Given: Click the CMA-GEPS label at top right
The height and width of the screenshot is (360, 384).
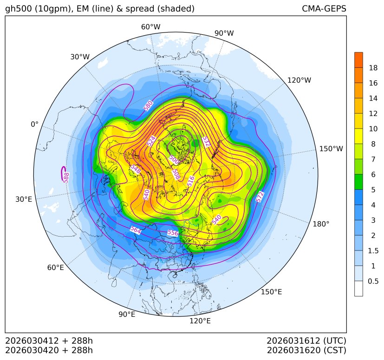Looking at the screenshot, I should coord(324,9).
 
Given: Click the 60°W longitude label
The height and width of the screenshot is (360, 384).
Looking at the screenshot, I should coord(150,27).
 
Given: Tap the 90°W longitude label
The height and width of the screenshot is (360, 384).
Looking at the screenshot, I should coord(224,33).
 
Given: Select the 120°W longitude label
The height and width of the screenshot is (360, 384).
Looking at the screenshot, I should coord(299,80).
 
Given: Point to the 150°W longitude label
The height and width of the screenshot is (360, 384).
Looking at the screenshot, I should coord(331,149).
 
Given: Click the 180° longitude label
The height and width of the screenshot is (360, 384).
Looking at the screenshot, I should coord(321,224).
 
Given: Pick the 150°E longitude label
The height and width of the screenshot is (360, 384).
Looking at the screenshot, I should coord(271,292).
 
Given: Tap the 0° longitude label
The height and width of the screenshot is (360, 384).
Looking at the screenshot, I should coord(34,124).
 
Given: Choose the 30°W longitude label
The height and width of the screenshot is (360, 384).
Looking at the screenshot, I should coord(80,57).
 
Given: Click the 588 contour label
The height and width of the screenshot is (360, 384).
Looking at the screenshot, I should coord(66,177).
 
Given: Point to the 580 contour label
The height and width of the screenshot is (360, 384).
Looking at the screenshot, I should coord(148,106).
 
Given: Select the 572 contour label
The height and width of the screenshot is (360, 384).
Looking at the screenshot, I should coord(260,197).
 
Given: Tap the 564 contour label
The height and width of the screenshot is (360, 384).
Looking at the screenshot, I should coord(136,230).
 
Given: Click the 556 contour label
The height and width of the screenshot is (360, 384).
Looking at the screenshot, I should coord(172,233).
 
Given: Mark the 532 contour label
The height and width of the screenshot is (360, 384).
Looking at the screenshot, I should coord(206,142).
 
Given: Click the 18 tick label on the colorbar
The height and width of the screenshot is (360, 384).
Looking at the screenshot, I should coord(373,68).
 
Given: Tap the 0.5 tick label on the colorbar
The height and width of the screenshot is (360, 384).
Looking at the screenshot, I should coord(373,281).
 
